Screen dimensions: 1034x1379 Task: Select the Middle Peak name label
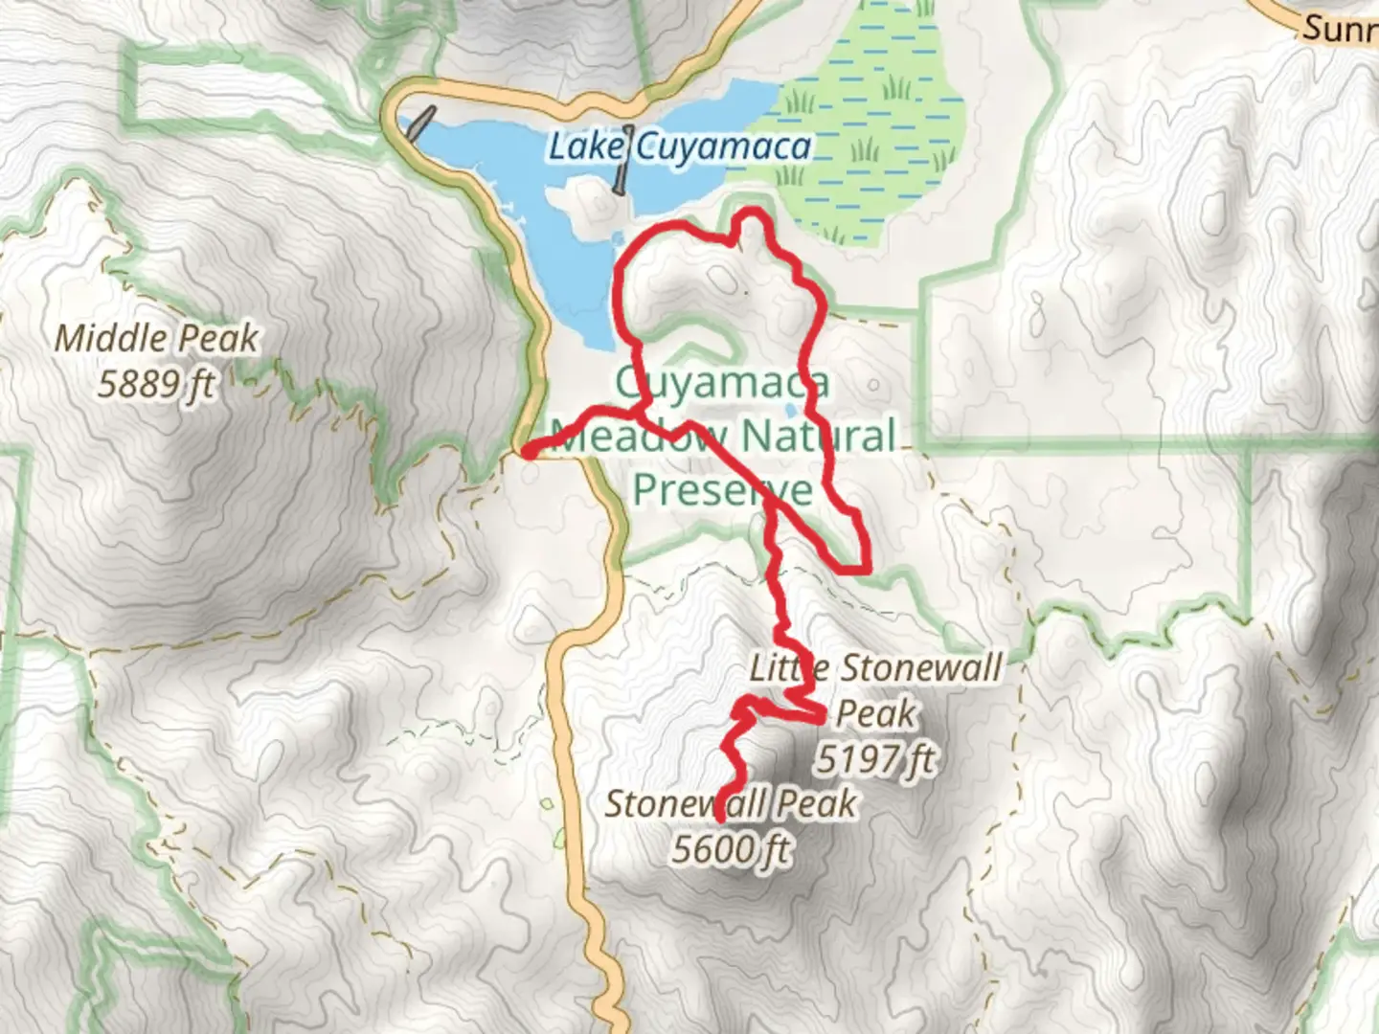point(156,338)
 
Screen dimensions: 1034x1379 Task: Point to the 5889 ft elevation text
point(156,385)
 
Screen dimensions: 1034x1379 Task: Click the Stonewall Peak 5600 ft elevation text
point(732,849)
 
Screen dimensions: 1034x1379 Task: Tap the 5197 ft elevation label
point(874,759)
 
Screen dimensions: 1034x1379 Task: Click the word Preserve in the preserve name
point(723,489)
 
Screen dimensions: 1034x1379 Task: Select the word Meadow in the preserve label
point(640,438)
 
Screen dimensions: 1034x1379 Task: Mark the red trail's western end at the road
point(527,451)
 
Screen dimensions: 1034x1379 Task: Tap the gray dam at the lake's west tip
point(418,123)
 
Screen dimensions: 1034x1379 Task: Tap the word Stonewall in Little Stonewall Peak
point(920,667)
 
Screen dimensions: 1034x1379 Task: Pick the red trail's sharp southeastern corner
point(864,569)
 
